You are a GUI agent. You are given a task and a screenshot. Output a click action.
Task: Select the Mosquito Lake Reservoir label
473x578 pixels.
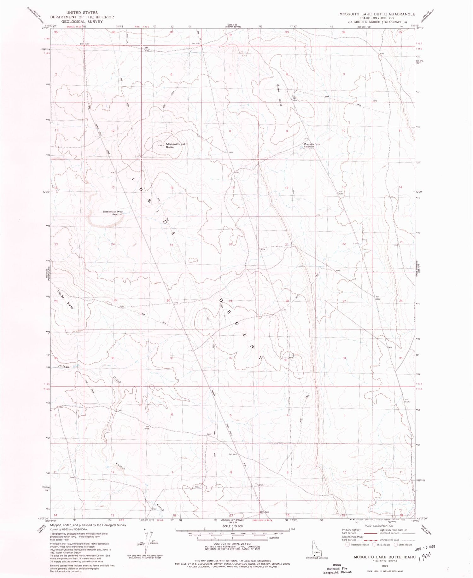(x=312, y=146)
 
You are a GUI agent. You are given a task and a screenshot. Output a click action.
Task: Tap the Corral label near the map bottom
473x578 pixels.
(x=260, y=485)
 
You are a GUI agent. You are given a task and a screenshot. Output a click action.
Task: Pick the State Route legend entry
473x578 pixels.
(x=403, y=545)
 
